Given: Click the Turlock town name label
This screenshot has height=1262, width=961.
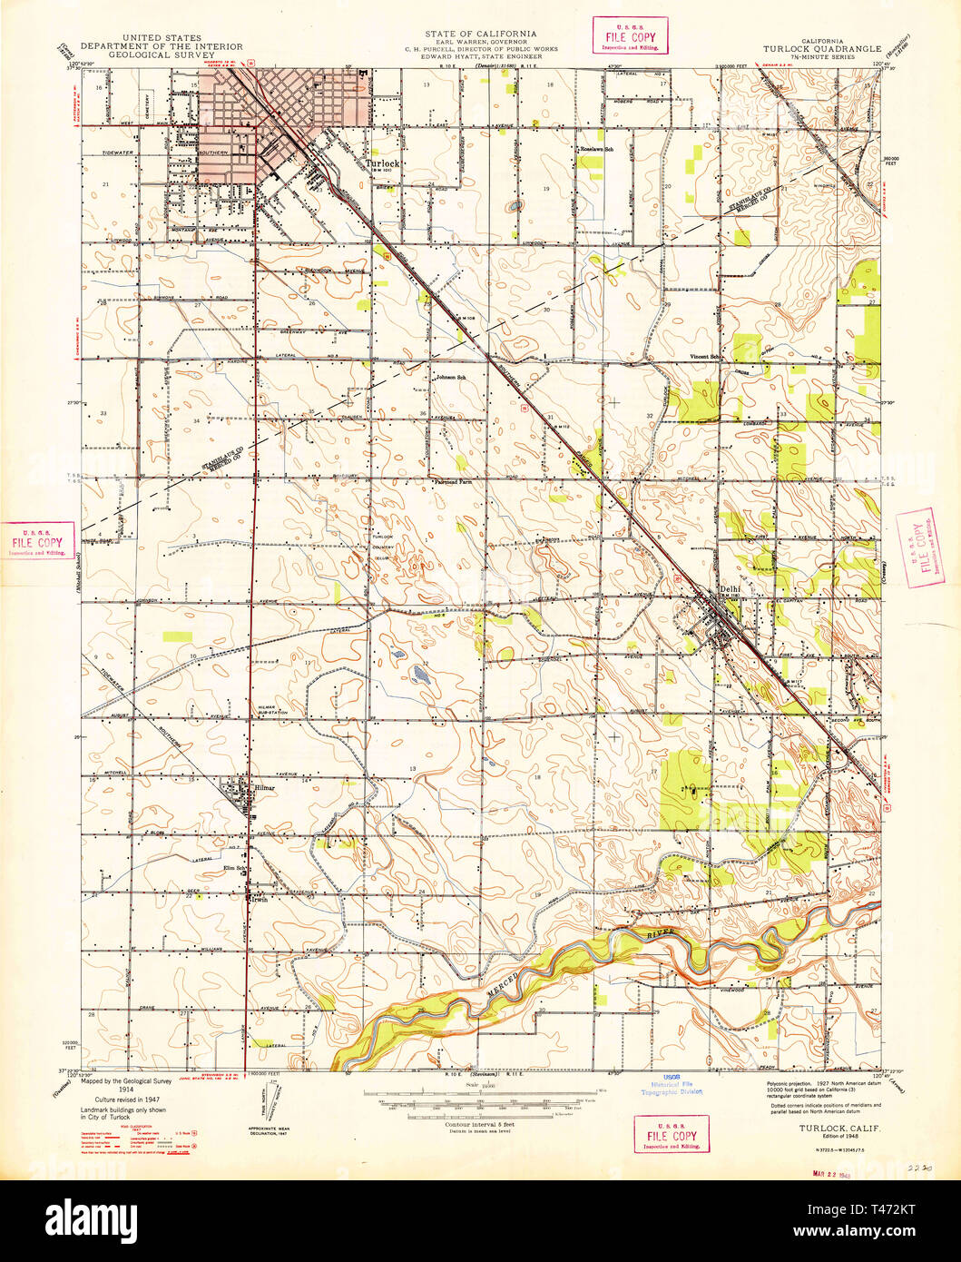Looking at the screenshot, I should point(382,163).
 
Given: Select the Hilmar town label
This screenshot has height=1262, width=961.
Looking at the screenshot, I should point(264,789).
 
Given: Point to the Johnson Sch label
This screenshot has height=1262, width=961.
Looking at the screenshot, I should point(450,377).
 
